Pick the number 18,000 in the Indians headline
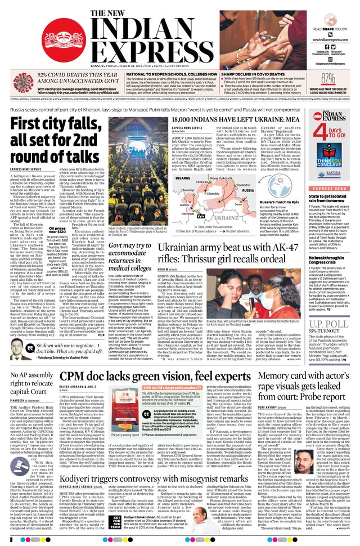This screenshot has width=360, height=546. point(187,120)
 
